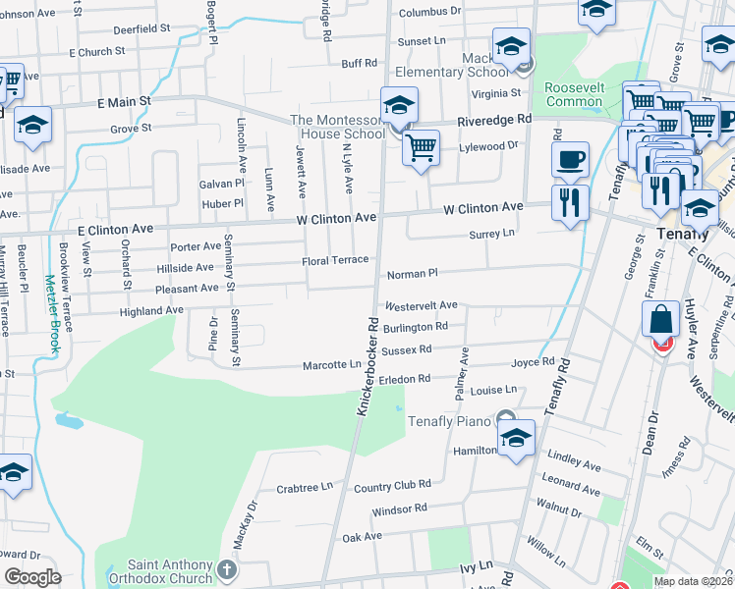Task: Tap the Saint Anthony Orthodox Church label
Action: click(170, 571)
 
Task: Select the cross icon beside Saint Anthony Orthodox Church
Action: click(227, 569)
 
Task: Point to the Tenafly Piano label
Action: click(448, 421)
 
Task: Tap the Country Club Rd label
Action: click(392, 485)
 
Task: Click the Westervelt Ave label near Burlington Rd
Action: click(422, 305)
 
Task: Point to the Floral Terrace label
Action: click(335, 260)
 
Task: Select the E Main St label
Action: click(124, 101)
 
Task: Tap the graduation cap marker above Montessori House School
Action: click(400, 105)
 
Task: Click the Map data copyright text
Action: click(694, 581)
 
